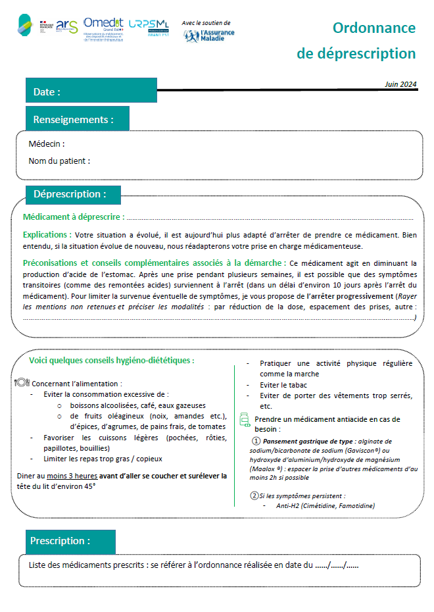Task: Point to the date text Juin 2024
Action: click(x=400, y=84)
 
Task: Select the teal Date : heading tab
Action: click(x=91, y=91)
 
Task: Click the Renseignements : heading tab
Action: click(x=77, y=119)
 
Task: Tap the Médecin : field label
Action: click(x=47, y=144)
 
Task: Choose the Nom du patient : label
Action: click(x=59, y=161)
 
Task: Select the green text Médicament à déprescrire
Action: click(x=72, y=217)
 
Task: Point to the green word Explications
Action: click(x=47, y=234)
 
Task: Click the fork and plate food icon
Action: click(x=21, y=382)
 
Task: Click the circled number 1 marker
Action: click(x=256, y=441)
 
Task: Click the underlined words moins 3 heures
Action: click(x=68, y=475)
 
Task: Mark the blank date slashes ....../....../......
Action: click(x=337, y=565)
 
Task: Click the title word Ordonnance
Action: click(x=374, y=28)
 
